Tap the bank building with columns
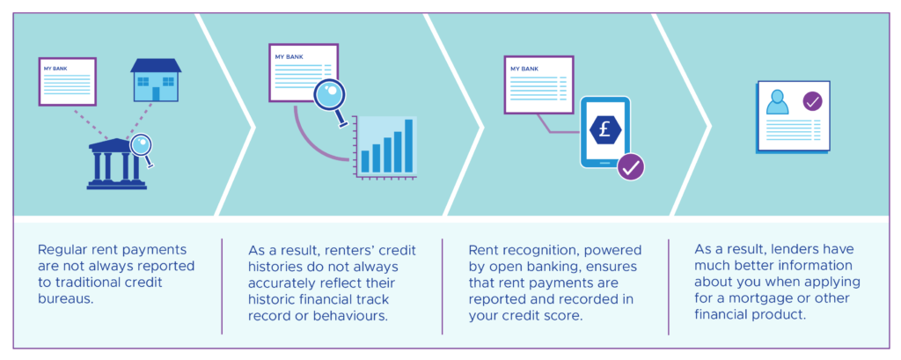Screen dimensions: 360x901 [x=117, y=165]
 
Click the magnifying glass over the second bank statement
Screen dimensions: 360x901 [x=330, y=95]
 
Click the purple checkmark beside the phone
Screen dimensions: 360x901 [x=630, y=166]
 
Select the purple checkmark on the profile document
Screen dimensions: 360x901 [x=812, y=102]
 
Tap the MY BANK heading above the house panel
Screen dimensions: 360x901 [x=55, y=67]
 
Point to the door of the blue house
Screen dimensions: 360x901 [x=156, y=93]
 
